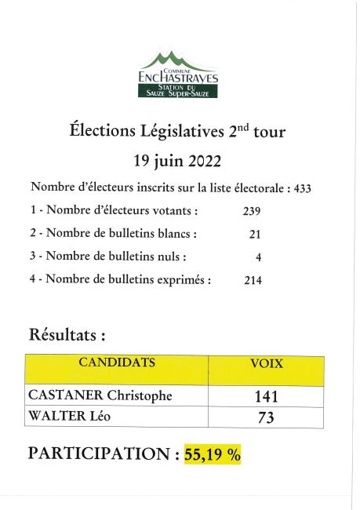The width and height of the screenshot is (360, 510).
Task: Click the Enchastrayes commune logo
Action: point(178,75)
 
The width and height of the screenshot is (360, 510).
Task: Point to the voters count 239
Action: point(251,211)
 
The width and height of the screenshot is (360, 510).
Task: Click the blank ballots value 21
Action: point(254,234)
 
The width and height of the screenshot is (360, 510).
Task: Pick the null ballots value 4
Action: point(258,257)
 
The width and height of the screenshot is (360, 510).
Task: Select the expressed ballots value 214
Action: point(252,279)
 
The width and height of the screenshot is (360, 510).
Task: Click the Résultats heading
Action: point(67,335)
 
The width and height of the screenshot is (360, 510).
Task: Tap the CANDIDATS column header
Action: point(116,363)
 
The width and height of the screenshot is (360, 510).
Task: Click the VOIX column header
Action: point(267,364)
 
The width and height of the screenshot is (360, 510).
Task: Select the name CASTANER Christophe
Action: point(100,395)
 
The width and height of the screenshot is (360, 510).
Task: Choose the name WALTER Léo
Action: point(70,417)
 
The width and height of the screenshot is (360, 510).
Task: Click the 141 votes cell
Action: point(267,397)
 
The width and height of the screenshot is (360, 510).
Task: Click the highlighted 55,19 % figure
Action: point(212,454)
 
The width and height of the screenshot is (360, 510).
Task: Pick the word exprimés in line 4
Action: point(182,280)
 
